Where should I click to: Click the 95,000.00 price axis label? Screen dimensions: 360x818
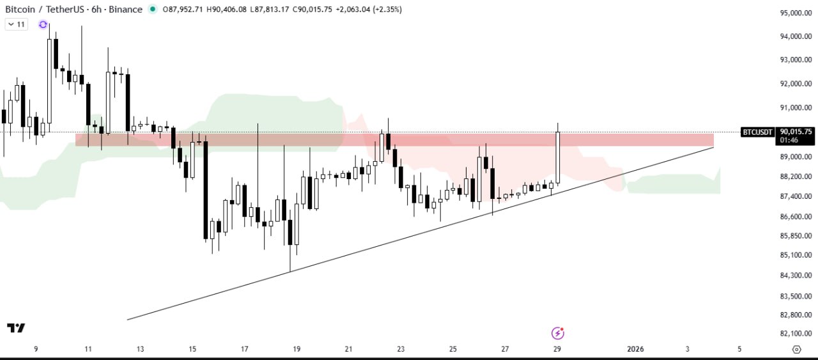pos(796,13)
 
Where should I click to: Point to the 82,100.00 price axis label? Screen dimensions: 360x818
pos(796,334)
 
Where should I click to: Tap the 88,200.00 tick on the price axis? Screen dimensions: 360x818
pos(796,176)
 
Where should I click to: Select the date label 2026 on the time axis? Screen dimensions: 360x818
pos(635,349)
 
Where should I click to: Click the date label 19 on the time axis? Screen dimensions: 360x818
pos(297,349)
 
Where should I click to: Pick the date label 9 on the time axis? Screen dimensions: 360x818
pos(36,349)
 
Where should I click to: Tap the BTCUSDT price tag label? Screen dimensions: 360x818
pos(758,132)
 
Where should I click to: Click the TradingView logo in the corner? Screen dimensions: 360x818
pos(16,328)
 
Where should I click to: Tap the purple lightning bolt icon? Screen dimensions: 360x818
pos(557,333)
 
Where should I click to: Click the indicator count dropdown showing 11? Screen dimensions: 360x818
pos(16,24)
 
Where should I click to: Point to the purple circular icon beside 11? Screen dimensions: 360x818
pos(43,24)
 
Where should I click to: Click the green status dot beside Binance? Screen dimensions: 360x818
pos(151,10)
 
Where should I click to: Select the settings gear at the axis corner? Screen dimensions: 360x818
pos(796,349)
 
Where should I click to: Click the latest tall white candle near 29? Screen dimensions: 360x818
pos(558,157)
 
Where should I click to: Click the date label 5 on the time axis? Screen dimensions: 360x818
pos(739,349)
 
